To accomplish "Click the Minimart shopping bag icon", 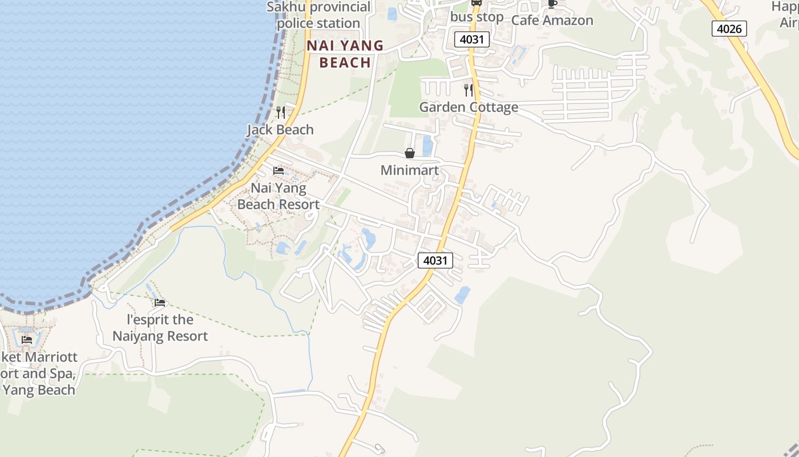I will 409,153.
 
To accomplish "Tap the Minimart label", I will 409,170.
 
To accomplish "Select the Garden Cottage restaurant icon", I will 469,90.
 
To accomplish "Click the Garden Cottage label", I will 469,107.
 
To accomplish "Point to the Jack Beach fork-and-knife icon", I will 280,112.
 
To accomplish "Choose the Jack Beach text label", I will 280,130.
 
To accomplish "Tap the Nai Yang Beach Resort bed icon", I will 279,171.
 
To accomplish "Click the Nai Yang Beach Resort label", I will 279,196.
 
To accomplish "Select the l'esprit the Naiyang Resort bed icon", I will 160,302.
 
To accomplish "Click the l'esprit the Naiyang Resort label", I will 160,328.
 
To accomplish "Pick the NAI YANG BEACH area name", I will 345,54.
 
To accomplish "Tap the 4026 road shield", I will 729,28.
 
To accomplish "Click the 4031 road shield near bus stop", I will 472,39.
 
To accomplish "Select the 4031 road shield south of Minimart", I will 435,260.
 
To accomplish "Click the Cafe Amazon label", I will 552,20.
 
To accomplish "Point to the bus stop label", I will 477,17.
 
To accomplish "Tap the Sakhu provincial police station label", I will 318,15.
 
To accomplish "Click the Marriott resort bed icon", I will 27,340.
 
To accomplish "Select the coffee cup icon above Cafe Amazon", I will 552,3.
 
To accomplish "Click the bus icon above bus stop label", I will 476,2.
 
